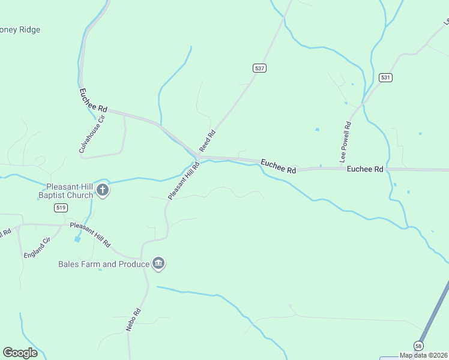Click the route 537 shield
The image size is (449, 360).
259,68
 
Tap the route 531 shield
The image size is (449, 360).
385,77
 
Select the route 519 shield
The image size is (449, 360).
60,208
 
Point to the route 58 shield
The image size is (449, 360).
418,346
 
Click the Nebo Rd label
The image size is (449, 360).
133,320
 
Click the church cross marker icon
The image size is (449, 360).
103,191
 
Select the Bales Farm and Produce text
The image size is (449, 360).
103,264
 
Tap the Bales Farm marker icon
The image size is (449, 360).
158,263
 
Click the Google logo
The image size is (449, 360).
20,353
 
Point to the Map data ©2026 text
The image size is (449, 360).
423,355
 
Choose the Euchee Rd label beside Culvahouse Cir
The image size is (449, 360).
94,101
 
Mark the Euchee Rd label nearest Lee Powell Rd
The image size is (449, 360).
365,170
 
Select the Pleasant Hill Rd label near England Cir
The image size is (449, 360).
90,235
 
